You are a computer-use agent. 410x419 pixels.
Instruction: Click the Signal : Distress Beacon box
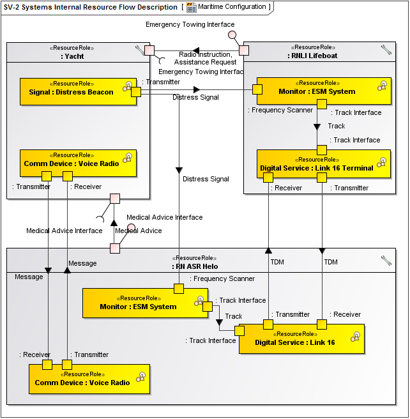point(71,92)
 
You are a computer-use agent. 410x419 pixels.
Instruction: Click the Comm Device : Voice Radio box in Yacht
point(72,164)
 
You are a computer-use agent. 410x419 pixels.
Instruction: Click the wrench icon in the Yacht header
point(140,50)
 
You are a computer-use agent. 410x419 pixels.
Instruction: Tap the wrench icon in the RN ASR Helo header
point(386,260)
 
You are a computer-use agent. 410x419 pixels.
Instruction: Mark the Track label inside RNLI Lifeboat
point(337,126)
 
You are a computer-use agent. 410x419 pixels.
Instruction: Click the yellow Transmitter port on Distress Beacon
point(135,92)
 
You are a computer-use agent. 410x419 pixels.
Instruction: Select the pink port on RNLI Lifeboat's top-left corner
point(243,50)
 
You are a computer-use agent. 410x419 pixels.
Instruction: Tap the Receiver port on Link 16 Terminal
point(269,177)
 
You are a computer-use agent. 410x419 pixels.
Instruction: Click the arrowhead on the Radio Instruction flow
point(196,50)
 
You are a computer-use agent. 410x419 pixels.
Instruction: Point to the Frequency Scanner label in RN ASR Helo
point(224,278)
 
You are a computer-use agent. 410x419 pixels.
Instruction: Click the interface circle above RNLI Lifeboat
point(232,34)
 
